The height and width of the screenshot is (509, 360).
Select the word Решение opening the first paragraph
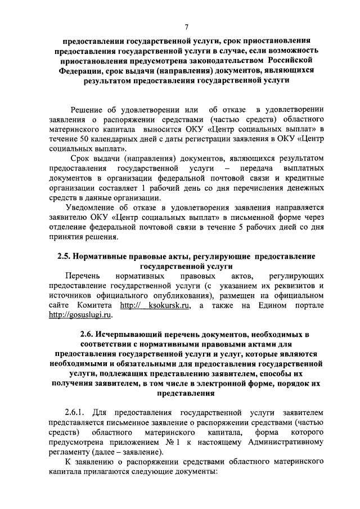[x=87, y=110]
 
